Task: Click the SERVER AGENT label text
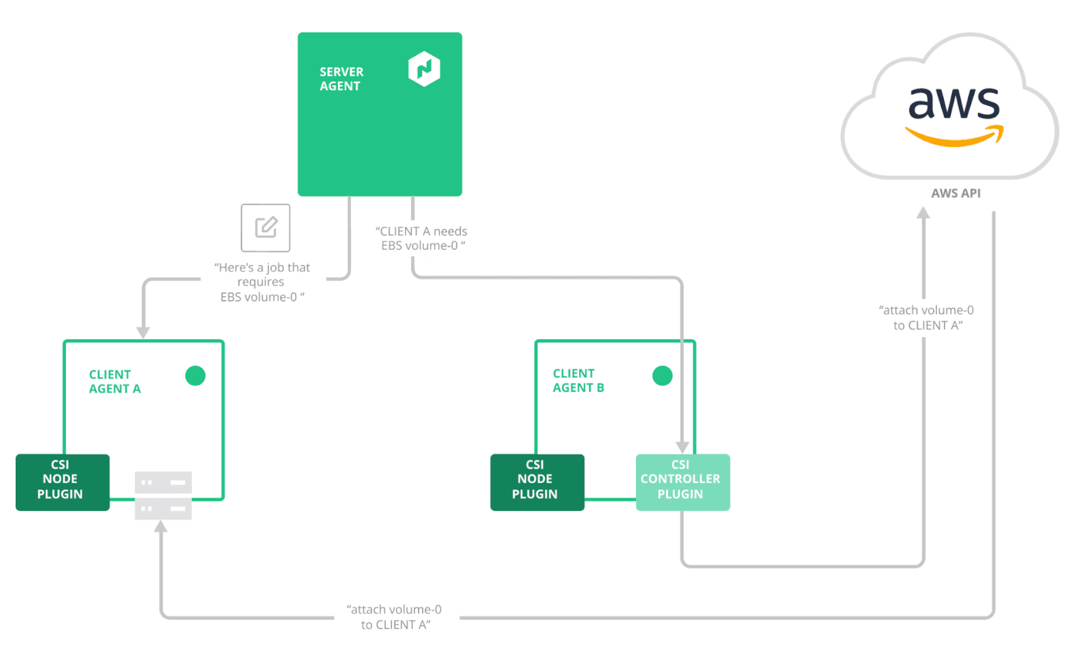pos(341,79)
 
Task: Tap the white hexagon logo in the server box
pos(424,69)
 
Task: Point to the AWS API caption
pos(955,193)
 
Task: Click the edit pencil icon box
pos(265,228)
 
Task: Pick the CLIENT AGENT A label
pos(114,382)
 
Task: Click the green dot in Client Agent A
pos(195,375)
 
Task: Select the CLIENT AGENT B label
pos(578,380)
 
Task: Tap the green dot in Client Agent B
pos(662,375)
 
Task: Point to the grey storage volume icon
pos(163,495)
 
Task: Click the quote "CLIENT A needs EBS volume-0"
pos(422,238)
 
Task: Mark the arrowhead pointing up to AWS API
pos(923,213)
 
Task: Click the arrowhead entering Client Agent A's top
pos(143,332)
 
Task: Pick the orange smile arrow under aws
pos(954,137)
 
